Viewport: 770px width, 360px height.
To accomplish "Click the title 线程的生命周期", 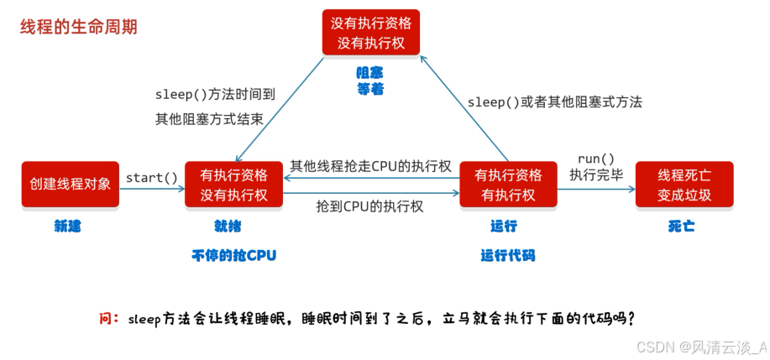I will (79, 27).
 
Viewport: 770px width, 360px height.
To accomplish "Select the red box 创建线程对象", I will (70, 185).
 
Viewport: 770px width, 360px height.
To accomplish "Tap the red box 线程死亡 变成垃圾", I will (684, 185).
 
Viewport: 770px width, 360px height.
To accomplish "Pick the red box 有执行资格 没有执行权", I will (233, 185).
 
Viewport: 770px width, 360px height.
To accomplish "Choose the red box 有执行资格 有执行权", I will (508, 185).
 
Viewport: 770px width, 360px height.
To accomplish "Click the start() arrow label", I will (152, 178).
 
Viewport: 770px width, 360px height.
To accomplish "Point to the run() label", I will (596, 159).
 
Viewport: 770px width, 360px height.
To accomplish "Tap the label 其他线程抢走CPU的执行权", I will (371, 166).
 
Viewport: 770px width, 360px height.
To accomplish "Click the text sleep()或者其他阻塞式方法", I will (554, 102).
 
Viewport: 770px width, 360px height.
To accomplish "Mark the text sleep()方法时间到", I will (215, 95).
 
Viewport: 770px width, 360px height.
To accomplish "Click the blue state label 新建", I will (68, 227).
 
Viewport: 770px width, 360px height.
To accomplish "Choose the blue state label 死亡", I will (681, 227).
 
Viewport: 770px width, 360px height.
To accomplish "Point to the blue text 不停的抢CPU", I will (233, 255).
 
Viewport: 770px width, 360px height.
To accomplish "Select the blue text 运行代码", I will (507, 255).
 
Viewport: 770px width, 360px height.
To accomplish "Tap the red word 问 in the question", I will (106, 319).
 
